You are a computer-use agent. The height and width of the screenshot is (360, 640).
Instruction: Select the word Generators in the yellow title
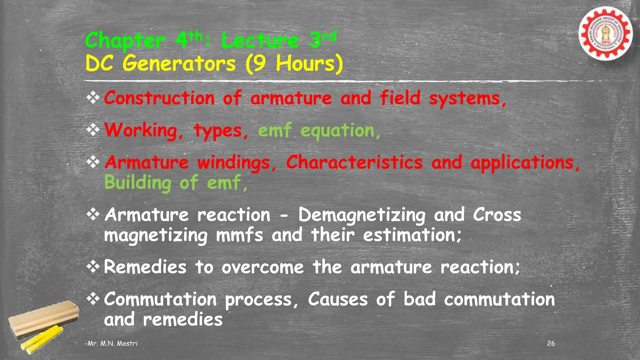click(179, 64)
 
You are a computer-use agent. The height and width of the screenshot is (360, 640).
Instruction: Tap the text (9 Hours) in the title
click(294, 64)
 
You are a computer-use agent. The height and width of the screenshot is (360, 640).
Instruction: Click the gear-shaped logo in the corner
click(605, 33)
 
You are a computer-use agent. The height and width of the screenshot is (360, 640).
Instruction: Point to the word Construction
click(159, 98)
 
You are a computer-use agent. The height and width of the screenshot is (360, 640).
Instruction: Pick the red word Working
click(141, 130)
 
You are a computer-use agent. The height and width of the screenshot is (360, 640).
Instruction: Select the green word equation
click(337, 131)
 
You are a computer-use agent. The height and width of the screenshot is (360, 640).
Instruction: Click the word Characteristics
click(354, 162)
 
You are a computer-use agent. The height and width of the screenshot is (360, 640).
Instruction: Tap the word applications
click(522, 163)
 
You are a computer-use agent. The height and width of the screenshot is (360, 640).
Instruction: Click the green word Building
click(138, 183)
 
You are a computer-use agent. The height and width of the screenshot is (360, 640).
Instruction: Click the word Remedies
click(145, 267)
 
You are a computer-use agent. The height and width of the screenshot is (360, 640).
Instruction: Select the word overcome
click(262, 268)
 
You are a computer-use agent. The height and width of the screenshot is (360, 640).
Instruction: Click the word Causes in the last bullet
click(338, 299)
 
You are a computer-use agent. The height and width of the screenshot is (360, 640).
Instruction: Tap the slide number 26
click(551, 343)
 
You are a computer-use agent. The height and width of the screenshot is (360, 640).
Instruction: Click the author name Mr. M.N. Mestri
click(112, 343)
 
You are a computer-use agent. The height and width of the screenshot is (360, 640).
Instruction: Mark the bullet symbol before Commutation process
click(93, 299)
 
